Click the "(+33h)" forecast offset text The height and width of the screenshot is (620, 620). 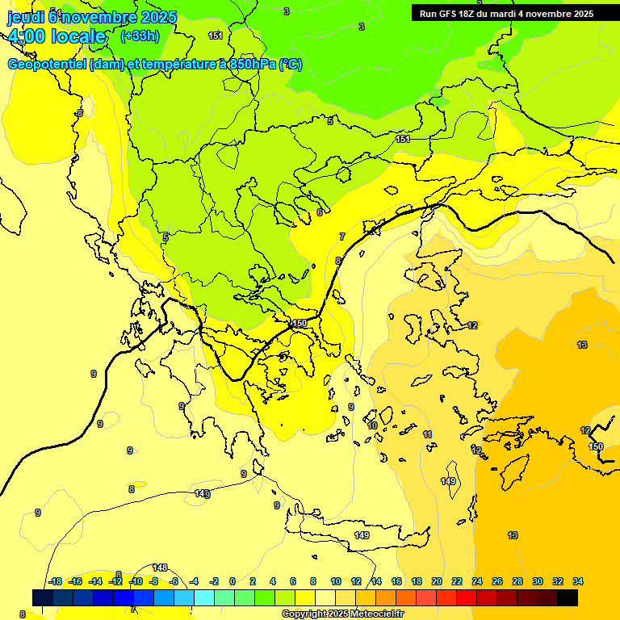[x=140, y=36]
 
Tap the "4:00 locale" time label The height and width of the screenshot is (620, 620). [x=57, y=36]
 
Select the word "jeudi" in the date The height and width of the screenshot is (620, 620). [x=27, y=15]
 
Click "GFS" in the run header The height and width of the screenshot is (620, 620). [x=455, y=14]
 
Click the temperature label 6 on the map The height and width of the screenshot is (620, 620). [x=320, y=212]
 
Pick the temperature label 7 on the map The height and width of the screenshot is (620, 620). [x=342, y=237]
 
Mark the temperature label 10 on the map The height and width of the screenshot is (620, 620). [x=372, y=425]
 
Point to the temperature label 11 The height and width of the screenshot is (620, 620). [x=427, y=434]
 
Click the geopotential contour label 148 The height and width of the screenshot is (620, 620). [x=160, y=568]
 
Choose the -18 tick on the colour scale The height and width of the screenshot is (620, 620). [x=56, y=581]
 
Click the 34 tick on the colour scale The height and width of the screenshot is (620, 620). [x=578, y=581]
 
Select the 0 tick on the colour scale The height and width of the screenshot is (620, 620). [x=232, y=581]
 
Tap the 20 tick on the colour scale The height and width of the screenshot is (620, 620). [x=437, y=581]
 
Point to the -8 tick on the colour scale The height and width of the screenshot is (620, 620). [x=153, y=581]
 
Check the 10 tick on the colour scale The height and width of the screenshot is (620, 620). [x=336, y=581]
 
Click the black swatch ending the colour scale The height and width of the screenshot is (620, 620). [x=568, y=597]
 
